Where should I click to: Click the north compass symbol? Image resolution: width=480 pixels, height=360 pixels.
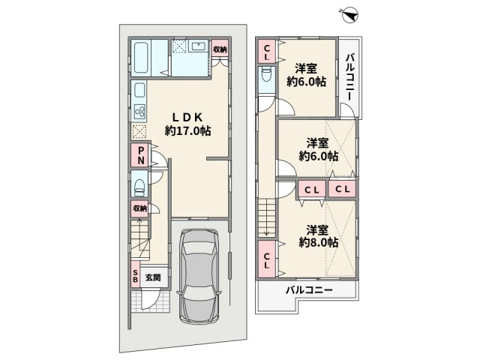click(x=350, y=15)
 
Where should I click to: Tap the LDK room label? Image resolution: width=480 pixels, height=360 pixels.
click(x=187, y=117)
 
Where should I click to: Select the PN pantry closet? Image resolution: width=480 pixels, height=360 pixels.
click(x=141, y=155)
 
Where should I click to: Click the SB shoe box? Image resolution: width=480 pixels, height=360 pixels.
click(x=135, y=275)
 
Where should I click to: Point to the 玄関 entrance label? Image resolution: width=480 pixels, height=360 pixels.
click(x=153, y=277)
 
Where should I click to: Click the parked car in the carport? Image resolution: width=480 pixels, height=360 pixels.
click(x=199, y=276)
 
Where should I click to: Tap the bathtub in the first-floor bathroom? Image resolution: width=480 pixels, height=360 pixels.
click(x=142, y=58)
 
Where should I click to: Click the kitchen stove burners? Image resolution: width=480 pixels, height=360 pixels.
click(x=139, y=112)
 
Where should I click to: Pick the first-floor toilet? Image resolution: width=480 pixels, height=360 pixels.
click(x=139, y=187)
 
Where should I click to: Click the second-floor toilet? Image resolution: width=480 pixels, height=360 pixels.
click(x=267, y=73)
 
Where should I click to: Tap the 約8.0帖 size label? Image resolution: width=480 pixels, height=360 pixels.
click(x=318, y=243)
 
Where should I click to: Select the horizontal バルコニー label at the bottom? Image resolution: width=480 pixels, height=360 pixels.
click(x=309, y=290)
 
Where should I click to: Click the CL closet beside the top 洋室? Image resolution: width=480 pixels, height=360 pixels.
click(x=267, y=52)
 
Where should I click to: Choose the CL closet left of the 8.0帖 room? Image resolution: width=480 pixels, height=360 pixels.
click(x=267, y=259)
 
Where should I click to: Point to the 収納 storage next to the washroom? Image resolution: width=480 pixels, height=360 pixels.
click(x=220, y=49)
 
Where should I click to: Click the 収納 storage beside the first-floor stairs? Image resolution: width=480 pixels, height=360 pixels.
click(x=140, y=208)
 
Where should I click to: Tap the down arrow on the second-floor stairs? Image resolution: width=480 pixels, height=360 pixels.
click(x=266, y=217)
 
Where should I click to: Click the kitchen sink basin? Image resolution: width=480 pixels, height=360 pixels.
click(x=139, y=90)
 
